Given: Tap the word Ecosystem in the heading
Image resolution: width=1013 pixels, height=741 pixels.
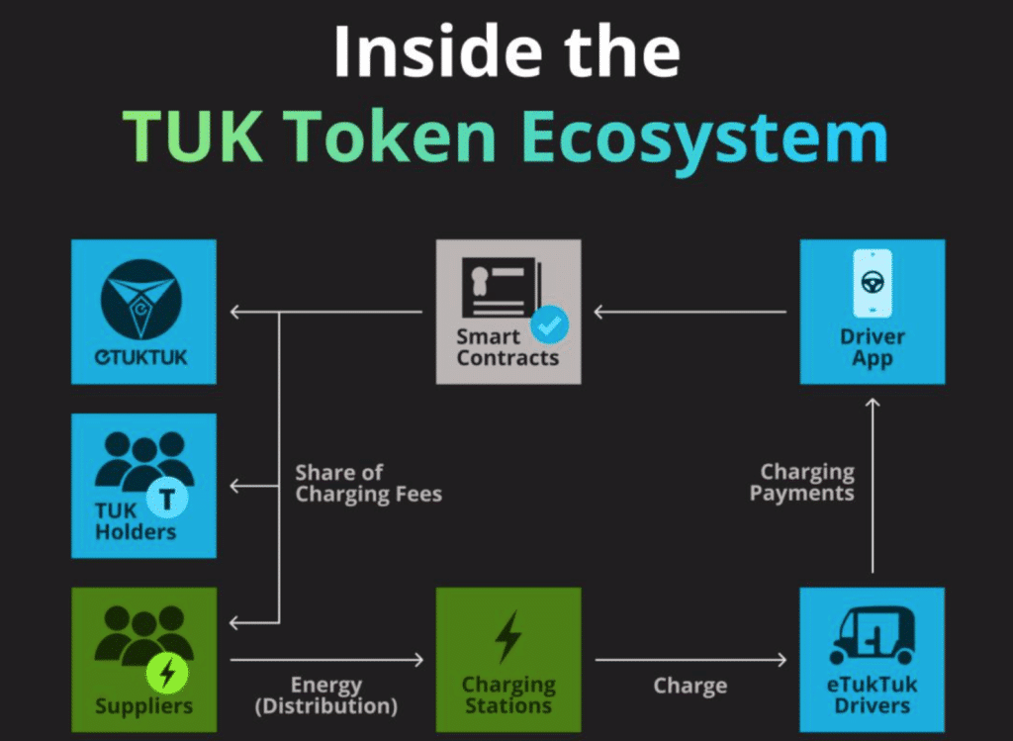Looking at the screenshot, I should tap(703, 138).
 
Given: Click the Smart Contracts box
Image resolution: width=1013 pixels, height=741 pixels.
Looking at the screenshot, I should tap(507, 312).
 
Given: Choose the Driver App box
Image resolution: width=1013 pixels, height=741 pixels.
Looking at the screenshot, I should tap(872, 312).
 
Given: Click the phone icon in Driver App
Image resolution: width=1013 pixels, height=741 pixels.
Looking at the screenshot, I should tap(872, 283).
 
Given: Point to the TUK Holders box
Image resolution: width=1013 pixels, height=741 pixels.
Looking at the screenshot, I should tap(143, 486).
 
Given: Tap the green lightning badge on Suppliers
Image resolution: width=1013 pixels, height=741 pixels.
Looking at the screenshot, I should tap(166, 675).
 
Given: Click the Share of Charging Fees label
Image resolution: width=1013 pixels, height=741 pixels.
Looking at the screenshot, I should tap(368, 483).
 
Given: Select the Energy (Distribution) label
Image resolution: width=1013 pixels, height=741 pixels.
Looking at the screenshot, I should tap(326, 695).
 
